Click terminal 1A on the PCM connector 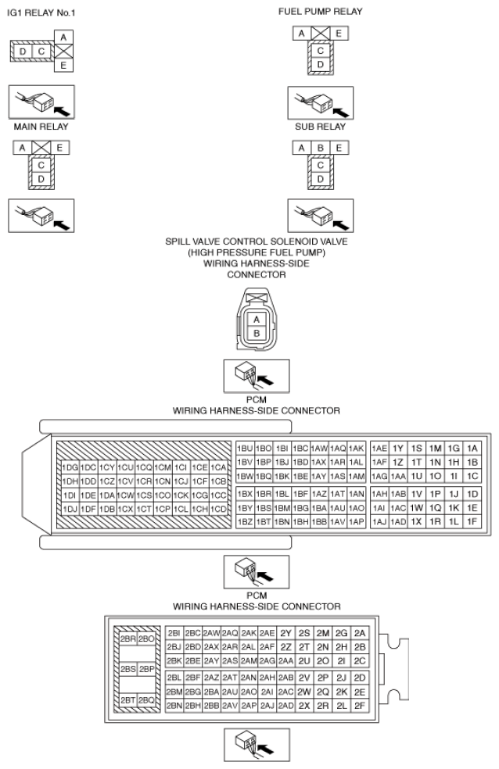tap(472, 448)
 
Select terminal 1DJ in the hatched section tap(69, 509)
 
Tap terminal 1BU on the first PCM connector tap(244, 448)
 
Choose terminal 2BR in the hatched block tap(127, 638)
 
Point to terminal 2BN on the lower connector tap(174, 706)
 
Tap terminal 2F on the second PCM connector tap(360, 706)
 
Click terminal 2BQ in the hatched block tap(145, 699)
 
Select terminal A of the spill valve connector tap(255, 320)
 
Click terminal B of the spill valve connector tap(255, 333)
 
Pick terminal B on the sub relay tap(320, 147)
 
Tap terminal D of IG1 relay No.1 tap(23, 52)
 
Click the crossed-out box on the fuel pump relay tap(321, 33)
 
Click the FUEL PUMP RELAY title tap(320, 12)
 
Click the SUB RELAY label tap(320, 125)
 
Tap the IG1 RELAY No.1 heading tap(36, 12)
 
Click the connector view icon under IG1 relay tap(41, 101)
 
